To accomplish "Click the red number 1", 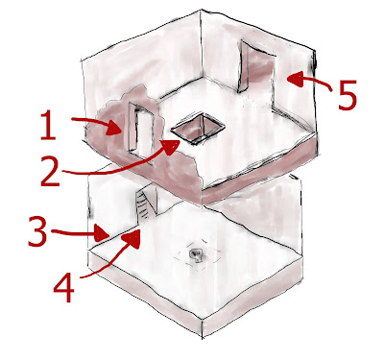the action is [49, 125].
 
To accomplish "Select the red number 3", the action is [37, 230].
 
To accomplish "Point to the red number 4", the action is [63, 286].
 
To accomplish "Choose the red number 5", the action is [347, 95].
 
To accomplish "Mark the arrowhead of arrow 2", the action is [171, 147].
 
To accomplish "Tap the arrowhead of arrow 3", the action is [103, 233].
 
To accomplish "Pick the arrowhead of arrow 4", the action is [133, 239].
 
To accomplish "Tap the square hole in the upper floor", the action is [198, 128].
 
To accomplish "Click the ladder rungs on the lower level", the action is [143, 205].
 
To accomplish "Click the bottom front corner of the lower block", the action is [203, 337].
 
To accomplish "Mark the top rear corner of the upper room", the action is [202, 11].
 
